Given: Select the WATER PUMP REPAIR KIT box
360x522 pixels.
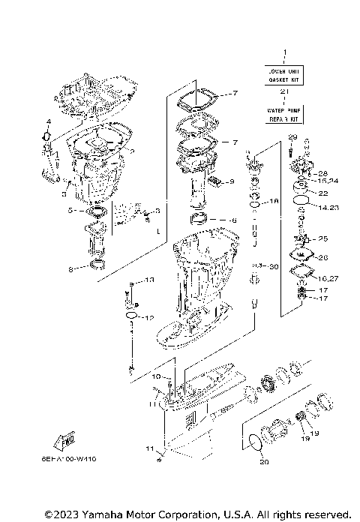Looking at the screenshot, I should [x=284, y=114].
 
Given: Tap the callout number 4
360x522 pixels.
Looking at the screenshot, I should [x=47, y=121].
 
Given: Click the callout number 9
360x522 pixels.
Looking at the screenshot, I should [x=232, y=181].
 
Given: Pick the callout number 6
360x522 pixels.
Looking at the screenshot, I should [x=233, y=220].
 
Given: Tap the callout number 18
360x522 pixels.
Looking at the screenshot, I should [x=274, y=202].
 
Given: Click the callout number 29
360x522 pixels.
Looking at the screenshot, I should [x=292, y=136].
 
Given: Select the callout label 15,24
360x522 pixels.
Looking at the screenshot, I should [x=327, y=181].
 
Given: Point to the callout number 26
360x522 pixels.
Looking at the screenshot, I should [x=323, y=257].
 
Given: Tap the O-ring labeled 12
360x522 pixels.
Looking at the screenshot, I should [x=132, y=317].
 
